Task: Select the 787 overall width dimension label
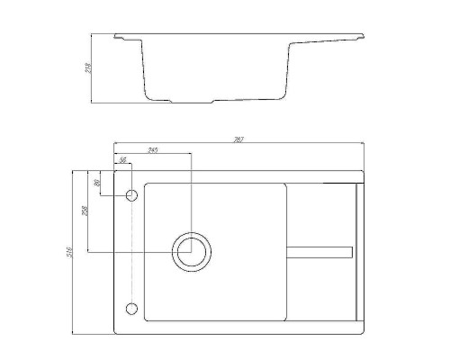click(x=239, y=138)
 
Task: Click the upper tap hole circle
click(x=131, y=195)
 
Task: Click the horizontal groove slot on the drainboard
click(x=319, y=249)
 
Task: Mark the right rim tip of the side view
click(x=364, y=36)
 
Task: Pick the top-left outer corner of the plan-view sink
click(x=115, y=171)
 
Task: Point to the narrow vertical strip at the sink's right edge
click(x=358, y=251)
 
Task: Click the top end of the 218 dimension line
click(x=95, y=35)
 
